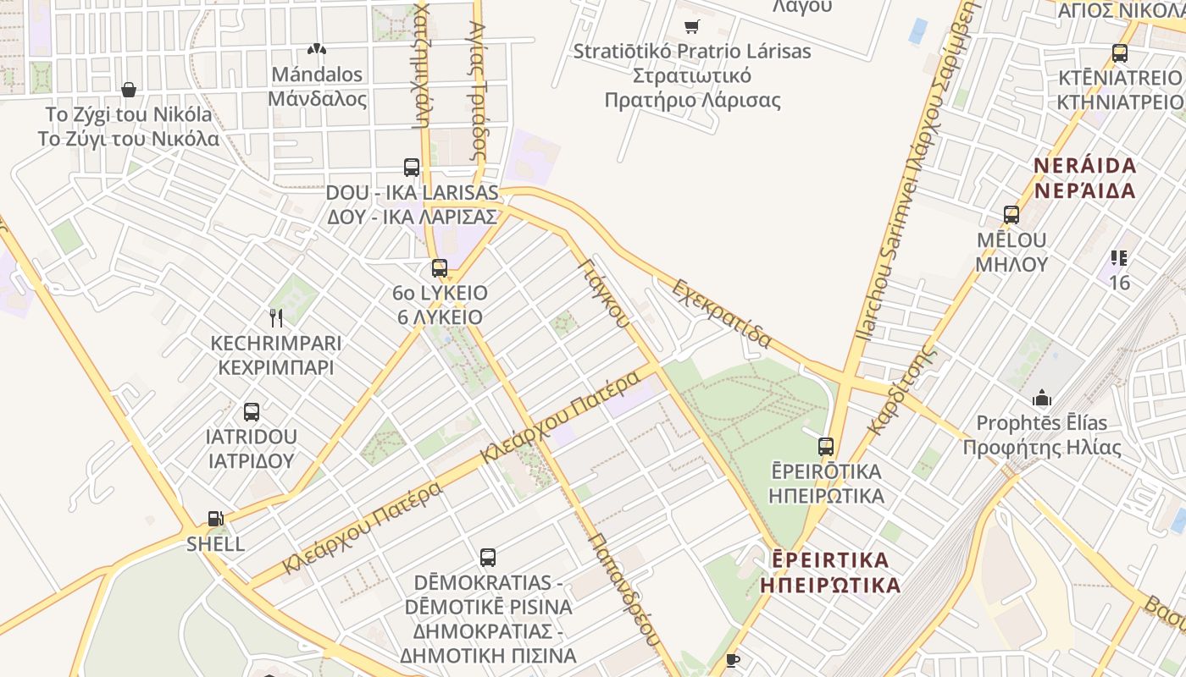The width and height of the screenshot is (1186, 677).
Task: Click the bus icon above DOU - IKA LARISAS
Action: click(412, 168)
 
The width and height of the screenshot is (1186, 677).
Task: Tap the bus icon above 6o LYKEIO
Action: click(439, 268)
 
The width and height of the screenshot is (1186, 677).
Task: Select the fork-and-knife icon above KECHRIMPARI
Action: click(275, 318)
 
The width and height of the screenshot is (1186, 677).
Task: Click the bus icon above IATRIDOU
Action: click(252, 412)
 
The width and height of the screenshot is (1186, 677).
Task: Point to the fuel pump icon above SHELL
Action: click(216, 519)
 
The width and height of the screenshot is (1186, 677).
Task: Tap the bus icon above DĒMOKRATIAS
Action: click(488, 558)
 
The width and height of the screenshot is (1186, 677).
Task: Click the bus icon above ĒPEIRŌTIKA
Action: click(826, 446)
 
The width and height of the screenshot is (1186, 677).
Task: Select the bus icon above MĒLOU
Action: click(1011, 215)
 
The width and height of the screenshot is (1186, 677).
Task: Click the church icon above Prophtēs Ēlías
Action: click(1041, 398)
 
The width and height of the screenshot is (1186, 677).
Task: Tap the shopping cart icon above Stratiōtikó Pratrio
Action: click(692, 27)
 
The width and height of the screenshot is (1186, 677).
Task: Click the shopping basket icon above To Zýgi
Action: click(129, 90)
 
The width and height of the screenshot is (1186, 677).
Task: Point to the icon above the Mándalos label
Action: click(317, 50)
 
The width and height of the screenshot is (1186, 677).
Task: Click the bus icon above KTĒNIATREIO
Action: click(1119, 53)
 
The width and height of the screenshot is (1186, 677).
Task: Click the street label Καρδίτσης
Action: click(903, 389)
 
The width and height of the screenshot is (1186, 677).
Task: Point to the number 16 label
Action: click(1120, 283)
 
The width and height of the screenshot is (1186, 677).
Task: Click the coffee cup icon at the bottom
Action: click(733, 660)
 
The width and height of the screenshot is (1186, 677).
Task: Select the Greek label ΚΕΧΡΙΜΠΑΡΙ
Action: click(276, 368)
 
